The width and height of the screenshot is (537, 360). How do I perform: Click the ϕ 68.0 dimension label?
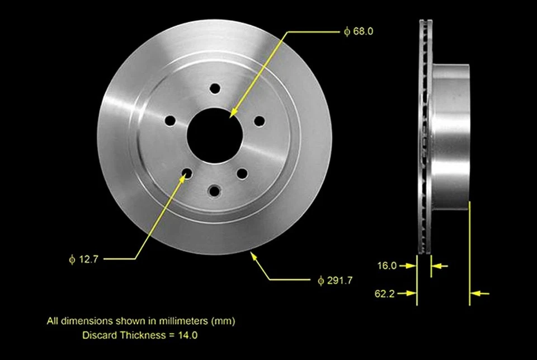pyautogui.click(x=359, y=32)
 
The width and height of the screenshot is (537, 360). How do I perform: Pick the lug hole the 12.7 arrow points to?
pyautogui.click(x=187, y=174)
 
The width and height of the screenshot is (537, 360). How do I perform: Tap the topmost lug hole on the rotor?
pyautogui.click(x=215, y=88)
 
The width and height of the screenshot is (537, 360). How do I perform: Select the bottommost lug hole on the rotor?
pyautogui.click(x=214, y=191)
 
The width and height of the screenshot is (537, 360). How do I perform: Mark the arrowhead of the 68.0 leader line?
pyautogui.click(x=233, y=115)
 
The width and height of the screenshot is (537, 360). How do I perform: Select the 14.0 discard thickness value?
pyautogui.click(x=187, y=335)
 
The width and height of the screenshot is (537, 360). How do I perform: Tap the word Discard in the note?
pyautogui.click(x=97, y=335)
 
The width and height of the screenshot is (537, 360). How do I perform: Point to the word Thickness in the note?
pyautogui.click(x=136, y=335)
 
